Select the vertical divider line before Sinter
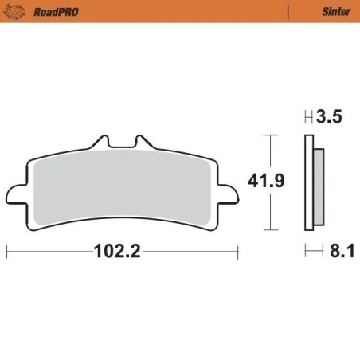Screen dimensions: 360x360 point(287,12)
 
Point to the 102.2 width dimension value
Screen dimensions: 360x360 point(118,252)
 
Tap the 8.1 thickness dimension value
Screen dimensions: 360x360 point(338,252)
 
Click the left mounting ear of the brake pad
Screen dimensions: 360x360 point(16,194)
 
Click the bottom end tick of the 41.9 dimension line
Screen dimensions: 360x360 point(272,229)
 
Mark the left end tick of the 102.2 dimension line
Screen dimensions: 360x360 point(7,252)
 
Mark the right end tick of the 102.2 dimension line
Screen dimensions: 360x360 point(238,252)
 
